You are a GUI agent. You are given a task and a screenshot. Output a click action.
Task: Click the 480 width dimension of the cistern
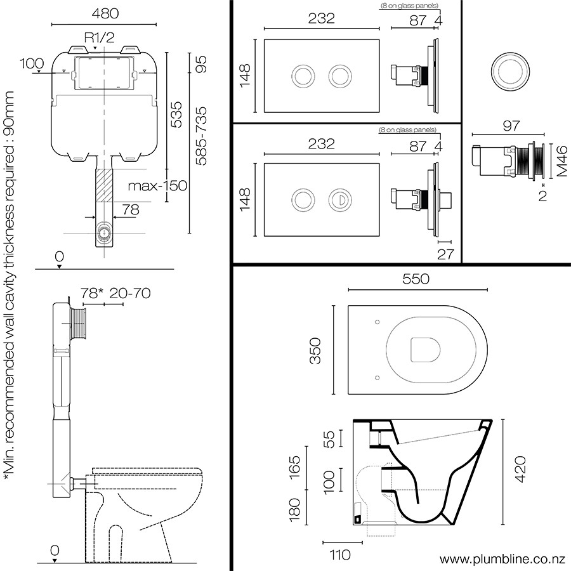pyautogui.click(x=105, y=13)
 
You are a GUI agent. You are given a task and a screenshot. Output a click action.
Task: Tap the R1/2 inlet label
pyautogui.click(x=99, y=37)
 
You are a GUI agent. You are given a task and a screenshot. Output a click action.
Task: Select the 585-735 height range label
pyautogui.click(x=201, y=136)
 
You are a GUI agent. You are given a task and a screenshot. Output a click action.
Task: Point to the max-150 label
pyautogui.click(x=157, y=186)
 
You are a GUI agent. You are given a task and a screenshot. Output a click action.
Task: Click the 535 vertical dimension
pyautogui.click(x=176, y=114)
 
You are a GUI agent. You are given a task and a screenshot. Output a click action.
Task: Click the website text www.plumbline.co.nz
pyautogui.click(x=502, y=560)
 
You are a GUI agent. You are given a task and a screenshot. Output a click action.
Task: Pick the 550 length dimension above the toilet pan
pyautogui.click(x=416, y=279)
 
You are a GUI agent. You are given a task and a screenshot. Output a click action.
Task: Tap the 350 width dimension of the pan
pyautogui.click(x=315, y=351)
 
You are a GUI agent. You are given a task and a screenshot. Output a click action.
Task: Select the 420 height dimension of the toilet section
pyautogui.click(x=520, y=469)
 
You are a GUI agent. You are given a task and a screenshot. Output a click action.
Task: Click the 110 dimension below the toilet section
pyautogui.click(x=340, y=555)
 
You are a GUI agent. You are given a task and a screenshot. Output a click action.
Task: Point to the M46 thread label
pyautogui.click(x=562, y=161)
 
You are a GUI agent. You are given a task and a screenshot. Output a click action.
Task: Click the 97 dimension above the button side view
pyautogui.click(x=511, y=126)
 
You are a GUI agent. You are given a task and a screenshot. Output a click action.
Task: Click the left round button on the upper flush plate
pyautogui.click(x=303, y=77)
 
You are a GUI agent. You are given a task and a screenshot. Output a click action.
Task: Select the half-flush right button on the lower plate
pyautogui.click(x=340, y=200)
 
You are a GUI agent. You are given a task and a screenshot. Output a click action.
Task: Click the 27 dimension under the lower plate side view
pyautogui.click(x=446, y=254)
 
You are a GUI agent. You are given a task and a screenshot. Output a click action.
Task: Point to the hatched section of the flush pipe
pyautogui.click(x=105, y=185)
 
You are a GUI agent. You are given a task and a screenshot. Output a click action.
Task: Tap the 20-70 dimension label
pyautogui.click(x=130, y=293)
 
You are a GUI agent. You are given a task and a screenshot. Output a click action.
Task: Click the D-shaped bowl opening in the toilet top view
pyautogui.click(x=425, y=350)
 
